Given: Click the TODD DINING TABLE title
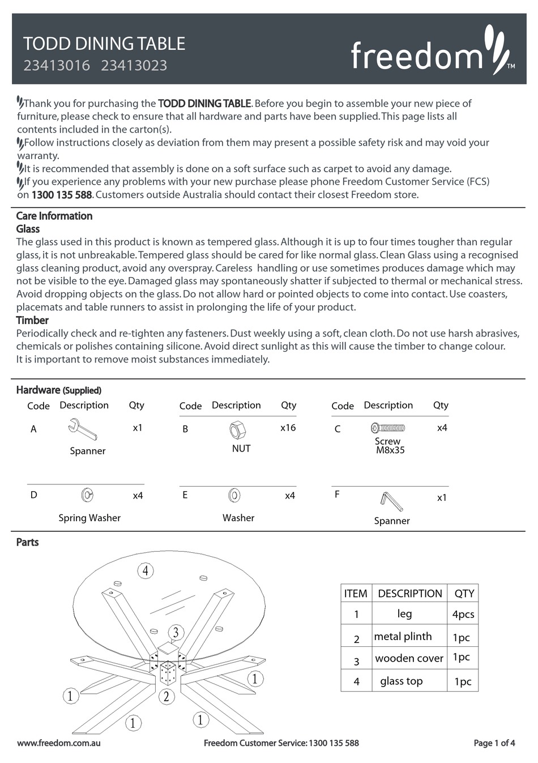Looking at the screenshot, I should (104, 44).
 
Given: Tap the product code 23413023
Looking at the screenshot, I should (134, 66).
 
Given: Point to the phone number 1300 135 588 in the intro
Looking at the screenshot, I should (62, 195).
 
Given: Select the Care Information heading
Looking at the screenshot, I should (54, 216).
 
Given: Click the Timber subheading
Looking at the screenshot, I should (32, 320).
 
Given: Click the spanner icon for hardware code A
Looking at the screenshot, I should (83, 429).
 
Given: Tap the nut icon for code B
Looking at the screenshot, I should (237, 430).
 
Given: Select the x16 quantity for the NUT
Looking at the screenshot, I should (288, 428).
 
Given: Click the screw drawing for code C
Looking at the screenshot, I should (388, 428).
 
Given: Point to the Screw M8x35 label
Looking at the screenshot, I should (389, 446).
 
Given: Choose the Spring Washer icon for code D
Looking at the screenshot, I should (87, 496).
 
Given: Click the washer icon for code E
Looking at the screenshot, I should (234, 496).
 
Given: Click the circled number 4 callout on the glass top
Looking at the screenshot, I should (146, 570).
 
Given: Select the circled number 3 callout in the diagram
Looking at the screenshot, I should (176, 632).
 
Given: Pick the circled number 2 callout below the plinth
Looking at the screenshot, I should (166, 696).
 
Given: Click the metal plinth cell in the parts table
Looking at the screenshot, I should (403, 637).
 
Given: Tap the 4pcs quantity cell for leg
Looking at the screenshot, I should (463, 614).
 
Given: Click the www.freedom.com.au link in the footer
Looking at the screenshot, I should (59, 743).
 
